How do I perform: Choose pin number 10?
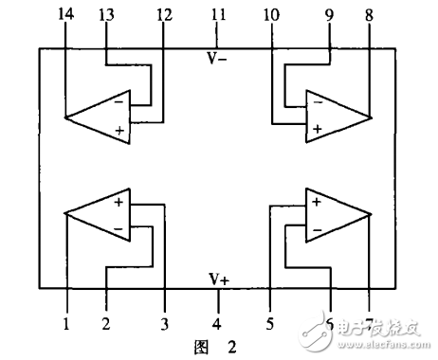[x=272, y=15]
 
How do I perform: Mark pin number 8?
[x=370, y=15]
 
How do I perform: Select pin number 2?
[x=107, y=324]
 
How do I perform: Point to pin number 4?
[x=218, y=324]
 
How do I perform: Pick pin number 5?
[x=270, y=324]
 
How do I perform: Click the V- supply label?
[x=218, y=58]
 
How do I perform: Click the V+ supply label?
[x=219, y=279]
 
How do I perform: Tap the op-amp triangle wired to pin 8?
[x=336, y=116]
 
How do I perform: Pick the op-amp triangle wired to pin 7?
[x=336, y=214]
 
